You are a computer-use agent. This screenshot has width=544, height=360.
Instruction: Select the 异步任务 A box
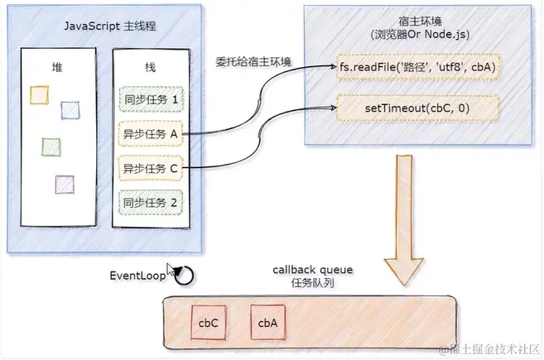[151, 134]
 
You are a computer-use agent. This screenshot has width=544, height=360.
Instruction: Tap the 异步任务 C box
[151, 169]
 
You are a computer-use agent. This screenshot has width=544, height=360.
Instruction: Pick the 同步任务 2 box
[151, 202]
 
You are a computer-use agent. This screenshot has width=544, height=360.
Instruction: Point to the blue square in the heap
[69, 109]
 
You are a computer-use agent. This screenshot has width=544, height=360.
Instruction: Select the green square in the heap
[50, 146]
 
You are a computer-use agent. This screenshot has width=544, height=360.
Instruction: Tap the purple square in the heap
[63, 184]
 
